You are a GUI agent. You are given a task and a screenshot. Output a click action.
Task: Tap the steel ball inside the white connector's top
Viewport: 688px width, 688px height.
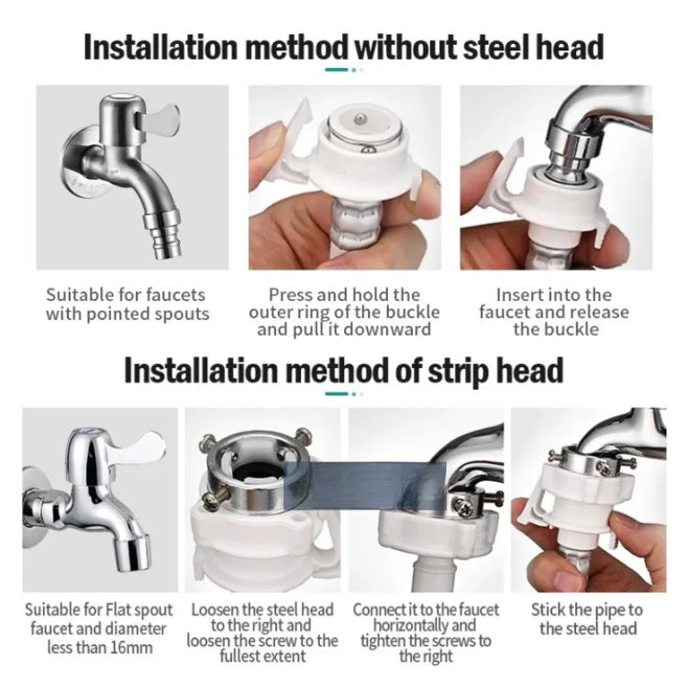(x=360, y=118)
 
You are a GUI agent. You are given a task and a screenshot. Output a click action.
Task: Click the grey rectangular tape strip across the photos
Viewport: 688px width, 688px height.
(x=365, y=486)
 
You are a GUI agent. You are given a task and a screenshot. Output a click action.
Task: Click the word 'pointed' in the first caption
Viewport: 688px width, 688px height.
(x=118, y=315)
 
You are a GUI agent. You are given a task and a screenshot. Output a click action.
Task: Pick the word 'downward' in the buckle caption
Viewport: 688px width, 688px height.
(x=386, y=329)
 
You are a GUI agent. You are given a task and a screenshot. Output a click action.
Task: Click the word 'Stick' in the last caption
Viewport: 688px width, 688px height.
(x=548, y=609)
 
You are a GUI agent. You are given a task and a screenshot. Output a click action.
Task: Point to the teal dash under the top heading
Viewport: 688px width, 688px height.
(x=337, y=70)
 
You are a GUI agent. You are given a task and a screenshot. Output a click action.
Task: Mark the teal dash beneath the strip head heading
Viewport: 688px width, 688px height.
(x=337, y=394)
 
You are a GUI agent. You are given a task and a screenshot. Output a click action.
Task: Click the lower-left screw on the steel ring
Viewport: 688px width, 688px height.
(x=215, y=498)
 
